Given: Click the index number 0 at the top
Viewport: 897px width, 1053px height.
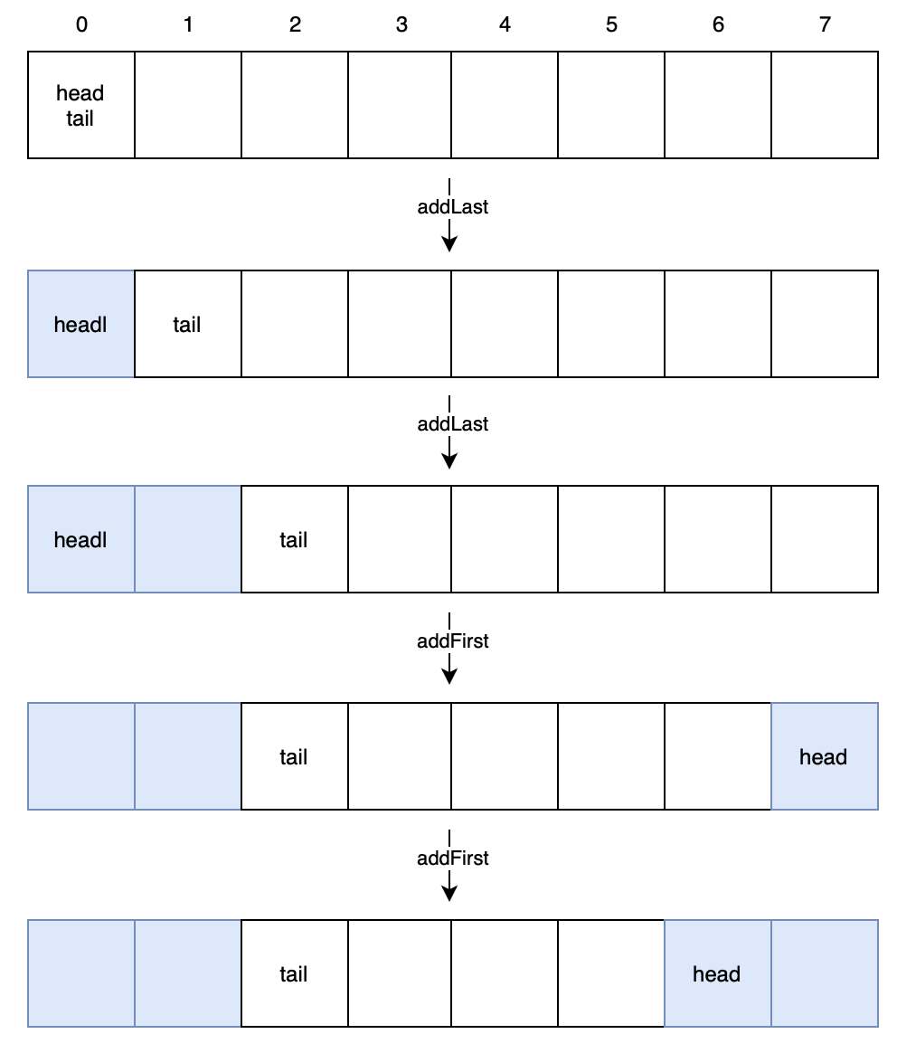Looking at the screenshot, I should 81,25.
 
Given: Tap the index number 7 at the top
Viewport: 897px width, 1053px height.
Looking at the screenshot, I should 824,25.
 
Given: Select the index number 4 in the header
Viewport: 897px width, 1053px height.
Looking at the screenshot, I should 505,25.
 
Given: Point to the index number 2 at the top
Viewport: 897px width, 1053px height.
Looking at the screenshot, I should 295,25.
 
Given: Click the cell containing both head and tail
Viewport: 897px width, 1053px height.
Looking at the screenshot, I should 81,105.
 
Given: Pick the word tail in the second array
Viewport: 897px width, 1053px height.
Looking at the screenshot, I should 187,325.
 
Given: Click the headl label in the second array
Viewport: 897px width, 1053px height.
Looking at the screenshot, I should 80,325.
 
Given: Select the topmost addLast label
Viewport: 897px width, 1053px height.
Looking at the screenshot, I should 452,207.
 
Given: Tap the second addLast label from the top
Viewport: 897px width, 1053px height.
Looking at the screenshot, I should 452,424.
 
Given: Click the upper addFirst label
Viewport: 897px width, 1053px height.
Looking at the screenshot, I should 452,641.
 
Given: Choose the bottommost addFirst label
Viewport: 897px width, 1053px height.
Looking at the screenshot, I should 452,859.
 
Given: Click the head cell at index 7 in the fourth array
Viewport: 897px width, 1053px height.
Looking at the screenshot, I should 824,756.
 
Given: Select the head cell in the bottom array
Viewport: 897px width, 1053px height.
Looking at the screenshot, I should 717,973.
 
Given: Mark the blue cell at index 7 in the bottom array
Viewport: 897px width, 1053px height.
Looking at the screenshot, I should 824,973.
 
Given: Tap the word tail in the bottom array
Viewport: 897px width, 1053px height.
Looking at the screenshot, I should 294,974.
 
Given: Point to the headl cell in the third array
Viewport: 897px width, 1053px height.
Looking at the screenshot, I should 81,539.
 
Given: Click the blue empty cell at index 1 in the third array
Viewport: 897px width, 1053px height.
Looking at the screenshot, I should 188,539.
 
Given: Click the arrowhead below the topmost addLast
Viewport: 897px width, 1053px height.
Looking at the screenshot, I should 449,244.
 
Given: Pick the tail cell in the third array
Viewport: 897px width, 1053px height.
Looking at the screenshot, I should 294,539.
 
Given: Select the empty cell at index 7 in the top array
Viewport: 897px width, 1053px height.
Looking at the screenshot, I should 824,105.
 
